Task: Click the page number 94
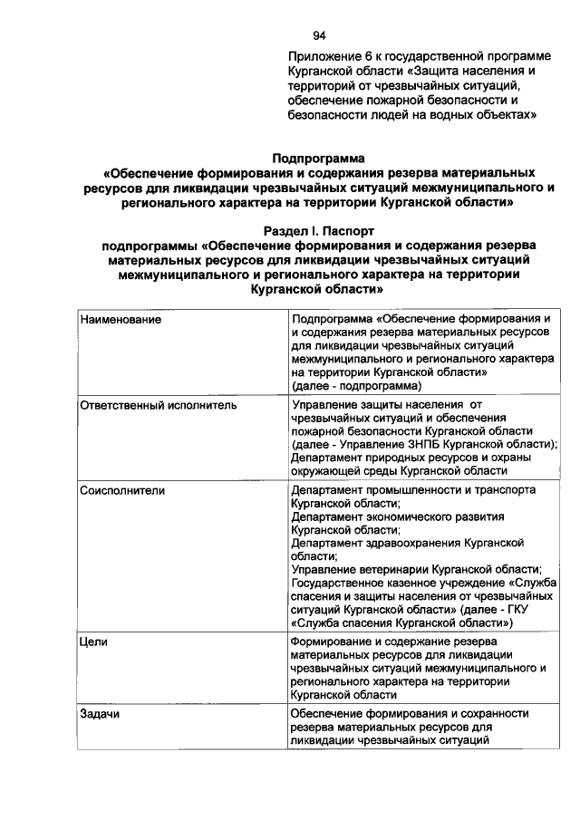tap(319, 36)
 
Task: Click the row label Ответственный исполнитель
tap(158, 406)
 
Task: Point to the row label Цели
tap(93, 642)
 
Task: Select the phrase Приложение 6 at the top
tap(330, 55)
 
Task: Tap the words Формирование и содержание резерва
tap(391, 642)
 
